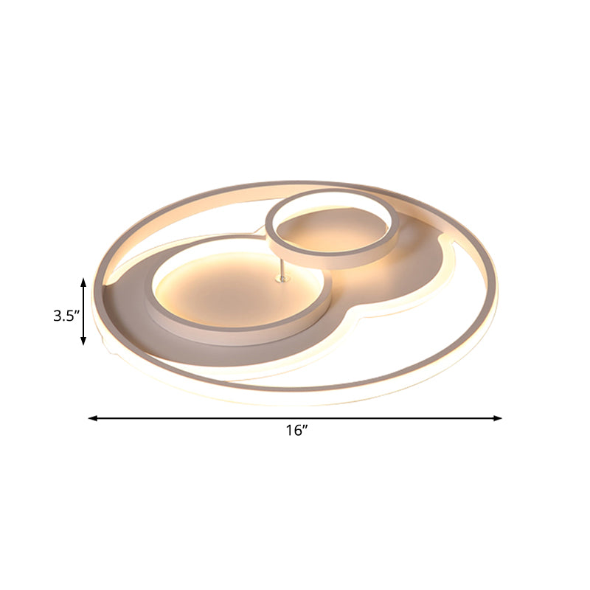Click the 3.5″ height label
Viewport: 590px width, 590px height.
66,316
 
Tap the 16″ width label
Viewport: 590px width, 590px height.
296,431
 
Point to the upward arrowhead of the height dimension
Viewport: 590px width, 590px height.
83,282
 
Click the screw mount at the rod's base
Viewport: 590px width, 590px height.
280,280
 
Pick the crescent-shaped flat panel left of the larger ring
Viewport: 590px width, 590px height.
129,310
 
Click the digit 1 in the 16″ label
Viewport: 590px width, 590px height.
290,431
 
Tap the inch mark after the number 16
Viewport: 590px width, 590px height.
305,428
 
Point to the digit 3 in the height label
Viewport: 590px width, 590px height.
58,316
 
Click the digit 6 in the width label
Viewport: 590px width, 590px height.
297,431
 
